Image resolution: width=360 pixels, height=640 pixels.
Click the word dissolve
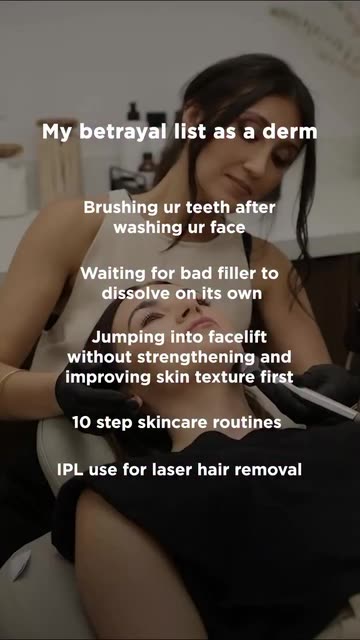[x=135, y=293]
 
